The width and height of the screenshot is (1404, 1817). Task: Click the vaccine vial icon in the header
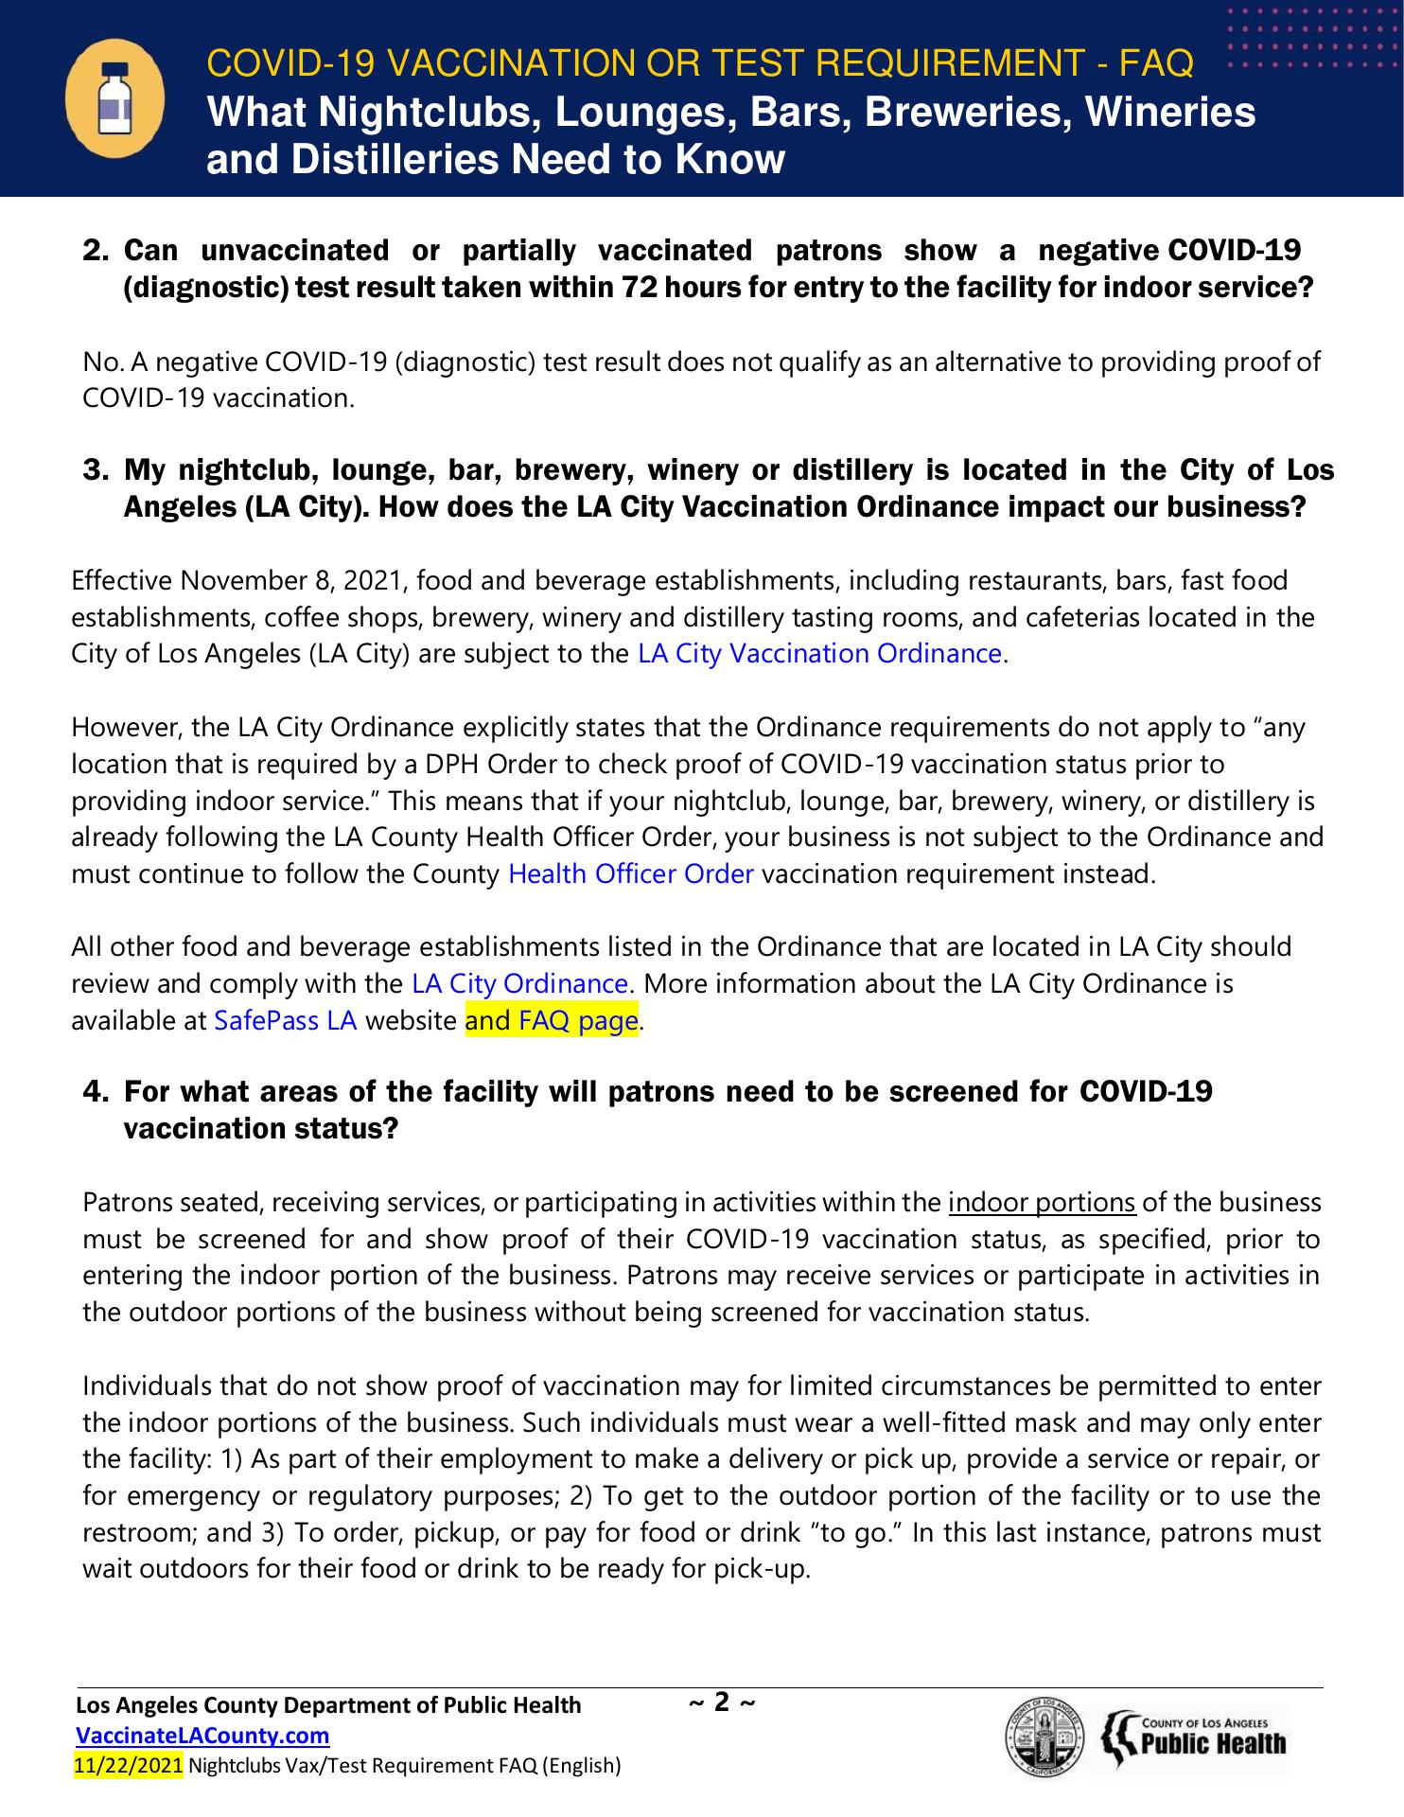[x=114, y=98]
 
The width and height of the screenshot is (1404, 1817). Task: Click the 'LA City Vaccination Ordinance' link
[x=819, y=654]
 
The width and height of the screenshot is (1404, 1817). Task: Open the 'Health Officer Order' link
[x=630, y=873]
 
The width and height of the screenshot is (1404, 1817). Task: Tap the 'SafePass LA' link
[x=286, y=1021]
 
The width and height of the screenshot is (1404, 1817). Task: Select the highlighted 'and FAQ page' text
[x=552, y=1021]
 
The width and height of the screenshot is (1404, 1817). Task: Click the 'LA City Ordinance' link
[x=519, y=984]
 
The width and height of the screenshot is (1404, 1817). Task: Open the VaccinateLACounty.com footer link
[x=202, y=1736]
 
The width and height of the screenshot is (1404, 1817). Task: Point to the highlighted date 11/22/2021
[x=128, y=1765]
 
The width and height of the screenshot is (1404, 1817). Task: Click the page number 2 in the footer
[x=722, y=1702]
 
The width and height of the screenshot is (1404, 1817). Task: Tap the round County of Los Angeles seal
[x=1044, y=1741]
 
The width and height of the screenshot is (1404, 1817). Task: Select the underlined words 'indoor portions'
[x=1042, y=1203]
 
